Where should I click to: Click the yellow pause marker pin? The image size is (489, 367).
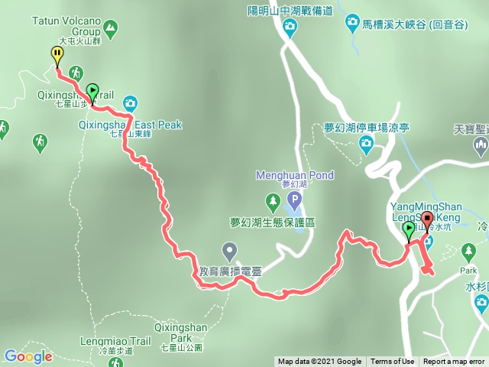pyautogui.click(x=57, y=54)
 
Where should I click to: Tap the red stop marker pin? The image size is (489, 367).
pyautogui.click(x=426, y=222)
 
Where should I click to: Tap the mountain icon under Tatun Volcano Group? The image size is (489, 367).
pyautogui.click(x=112, y=29)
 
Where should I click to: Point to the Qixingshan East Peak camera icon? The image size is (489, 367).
pyautogui.click(x=130, y=102)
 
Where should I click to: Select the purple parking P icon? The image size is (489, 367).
pyautogui.click(x=295, y=202)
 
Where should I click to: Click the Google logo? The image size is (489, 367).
pyautogui.click(x=28, y=356)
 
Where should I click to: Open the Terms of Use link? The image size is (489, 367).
pyautogui.click(x=392, y=362)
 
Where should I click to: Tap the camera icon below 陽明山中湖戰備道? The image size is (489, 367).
pyautogui.click(x=290, y=28)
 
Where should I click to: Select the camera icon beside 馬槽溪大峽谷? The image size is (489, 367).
pyautogui.click(x=352, y=22)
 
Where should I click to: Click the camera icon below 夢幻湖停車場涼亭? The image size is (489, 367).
pyautogui.click(x=367, y=143)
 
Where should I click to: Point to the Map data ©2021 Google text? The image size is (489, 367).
pyautogui.click(x=319, y=362)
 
